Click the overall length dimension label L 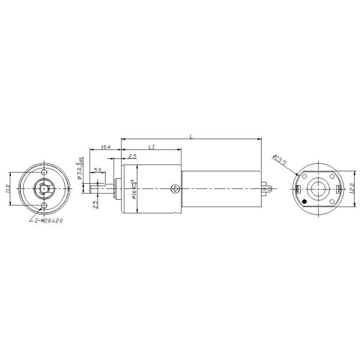pyautogui.click(x=191, y=137)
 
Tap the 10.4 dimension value pyautogui.click(x=105, y=146)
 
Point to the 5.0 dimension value pyautogui.click(x=97, y=170)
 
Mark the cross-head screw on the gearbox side pyautogui.click(x=174, y=189)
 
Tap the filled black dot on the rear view pyautogui.click(x=305, y=201)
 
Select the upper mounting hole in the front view pyautogui.click(x=45, y=171)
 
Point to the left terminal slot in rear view pyautogui.click(x=298, y=190)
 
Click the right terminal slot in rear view pyautogui.click(x=340, y=190)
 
